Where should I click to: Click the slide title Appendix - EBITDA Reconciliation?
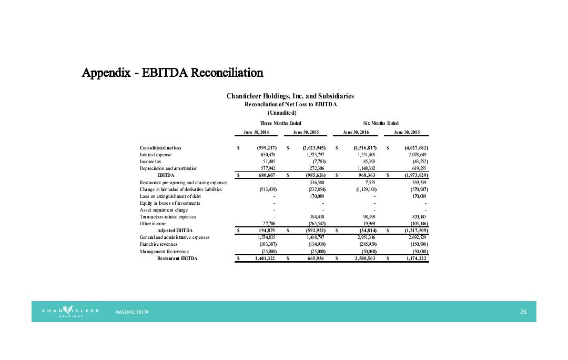tap(173, 72)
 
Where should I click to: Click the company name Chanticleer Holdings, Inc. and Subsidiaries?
tap(290, 96)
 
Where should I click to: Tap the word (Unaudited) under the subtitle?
tap(282, 113)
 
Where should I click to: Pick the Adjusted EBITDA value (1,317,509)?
tap(414, 231)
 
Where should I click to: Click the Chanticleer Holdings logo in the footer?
tap(70, 312)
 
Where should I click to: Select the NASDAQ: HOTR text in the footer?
tap(132, 312)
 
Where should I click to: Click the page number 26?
tap(523, 312)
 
